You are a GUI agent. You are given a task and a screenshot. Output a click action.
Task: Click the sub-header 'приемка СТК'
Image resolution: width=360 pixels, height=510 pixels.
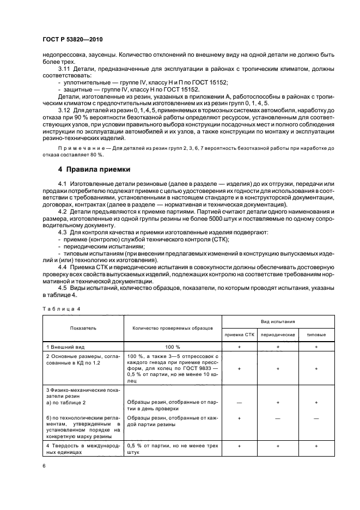[x=239, y=335]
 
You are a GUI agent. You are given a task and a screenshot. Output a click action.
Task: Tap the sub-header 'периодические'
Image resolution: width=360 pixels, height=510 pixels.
[x=278, y=335]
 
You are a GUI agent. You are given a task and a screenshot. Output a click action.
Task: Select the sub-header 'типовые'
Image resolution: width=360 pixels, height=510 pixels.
[x=317, y=335]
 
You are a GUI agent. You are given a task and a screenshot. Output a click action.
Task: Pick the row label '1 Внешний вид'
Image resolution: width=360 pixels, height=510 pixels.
[x=64, y=346]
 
